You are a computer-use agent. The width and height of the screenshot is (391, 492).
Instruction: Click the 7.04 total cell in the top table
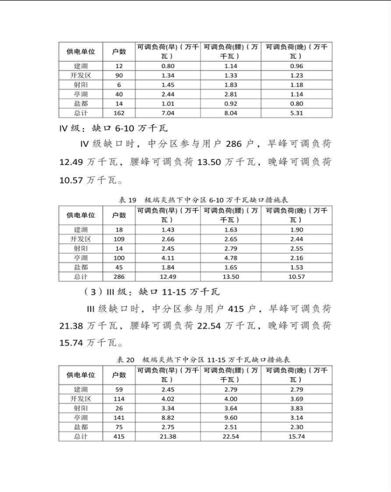168,113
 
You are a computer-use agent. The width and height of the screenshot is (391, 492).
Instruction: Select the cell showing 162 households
119,113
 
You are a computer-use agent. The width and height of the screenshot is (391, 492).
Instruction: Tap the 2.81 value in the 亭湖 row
231,94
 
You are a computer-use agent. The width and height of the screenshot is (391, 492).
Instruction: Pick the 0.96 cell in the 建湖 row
297,66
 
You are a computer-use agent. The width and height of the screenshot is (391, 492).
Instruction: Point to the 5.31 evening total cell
297,113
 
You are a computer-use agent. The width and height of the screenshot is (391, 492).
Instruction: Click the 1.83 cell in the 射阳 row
231,85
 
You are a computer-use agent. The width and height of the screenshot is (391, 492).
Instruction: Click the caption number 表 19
128,200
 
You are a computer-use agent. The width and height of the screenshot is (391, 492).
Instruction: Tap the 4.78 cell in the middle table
231,258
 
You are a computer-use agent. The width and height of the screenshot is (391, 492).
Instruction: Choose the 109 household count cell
119,239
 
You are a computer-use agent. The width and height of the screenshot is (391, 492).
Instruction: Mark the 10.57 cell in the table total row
297,277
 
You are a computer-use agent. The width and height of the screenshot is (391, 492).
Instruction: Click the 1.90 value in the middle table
297,230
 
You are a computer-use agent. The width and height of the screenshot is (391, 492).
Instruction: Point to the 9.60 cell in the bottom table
231,418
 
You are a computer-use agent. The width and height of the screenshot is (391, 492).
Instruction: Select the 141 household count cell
119,418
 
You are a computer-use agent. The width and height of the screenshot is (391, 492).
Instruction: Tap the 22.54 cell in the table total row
231,436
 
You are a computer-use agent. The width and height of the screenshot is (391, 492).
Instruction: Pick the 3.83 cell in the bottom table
297,408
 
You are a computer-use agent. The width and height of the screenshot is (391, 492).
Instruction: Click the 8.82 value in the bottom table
168,418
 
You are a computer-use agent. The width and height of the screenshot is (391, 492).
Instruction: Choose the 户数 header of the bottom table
119,374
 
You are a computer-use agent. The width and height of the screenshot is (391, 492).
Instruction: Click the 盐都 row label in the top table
80,104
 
